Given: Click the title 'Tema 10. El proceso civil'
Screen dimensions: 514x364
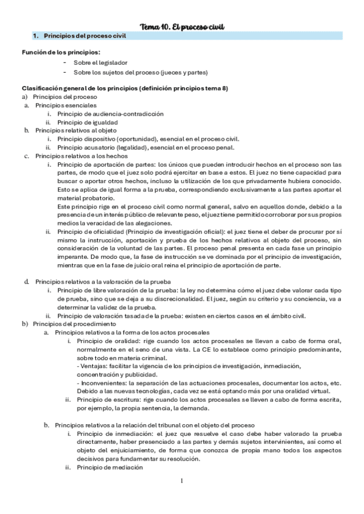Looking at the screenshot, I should click(182, 26).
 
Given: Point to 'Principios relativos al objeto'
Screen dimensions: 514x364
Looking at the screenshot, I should click(76, 130).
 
